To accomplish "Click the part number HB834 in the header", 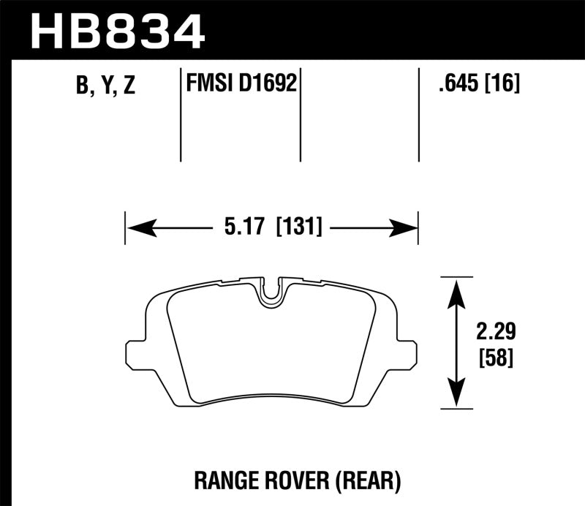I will click(x=116, y=31).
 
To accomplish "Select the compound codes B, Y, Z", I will click(x=105, y=86).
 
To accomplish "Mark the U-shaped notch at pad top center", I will click(x=271, y=292).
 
